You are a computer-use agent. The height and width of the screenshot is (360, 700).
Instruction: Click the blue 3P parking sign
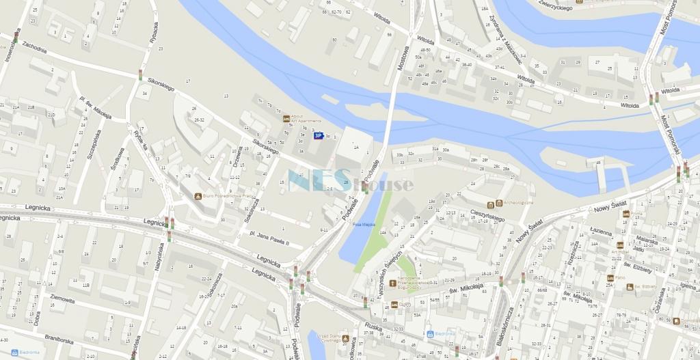tap(318, 135)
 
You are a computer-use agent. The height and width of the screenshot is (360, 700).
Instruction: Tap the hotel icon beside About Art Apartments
tap(286, 118)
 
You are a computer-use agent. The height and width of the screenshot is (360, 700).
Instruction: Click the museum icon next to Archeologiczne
tap(490, 204)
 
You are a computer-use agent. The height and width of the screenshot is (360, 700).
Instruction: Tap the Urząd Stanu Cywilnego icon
tap(346, 338)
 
